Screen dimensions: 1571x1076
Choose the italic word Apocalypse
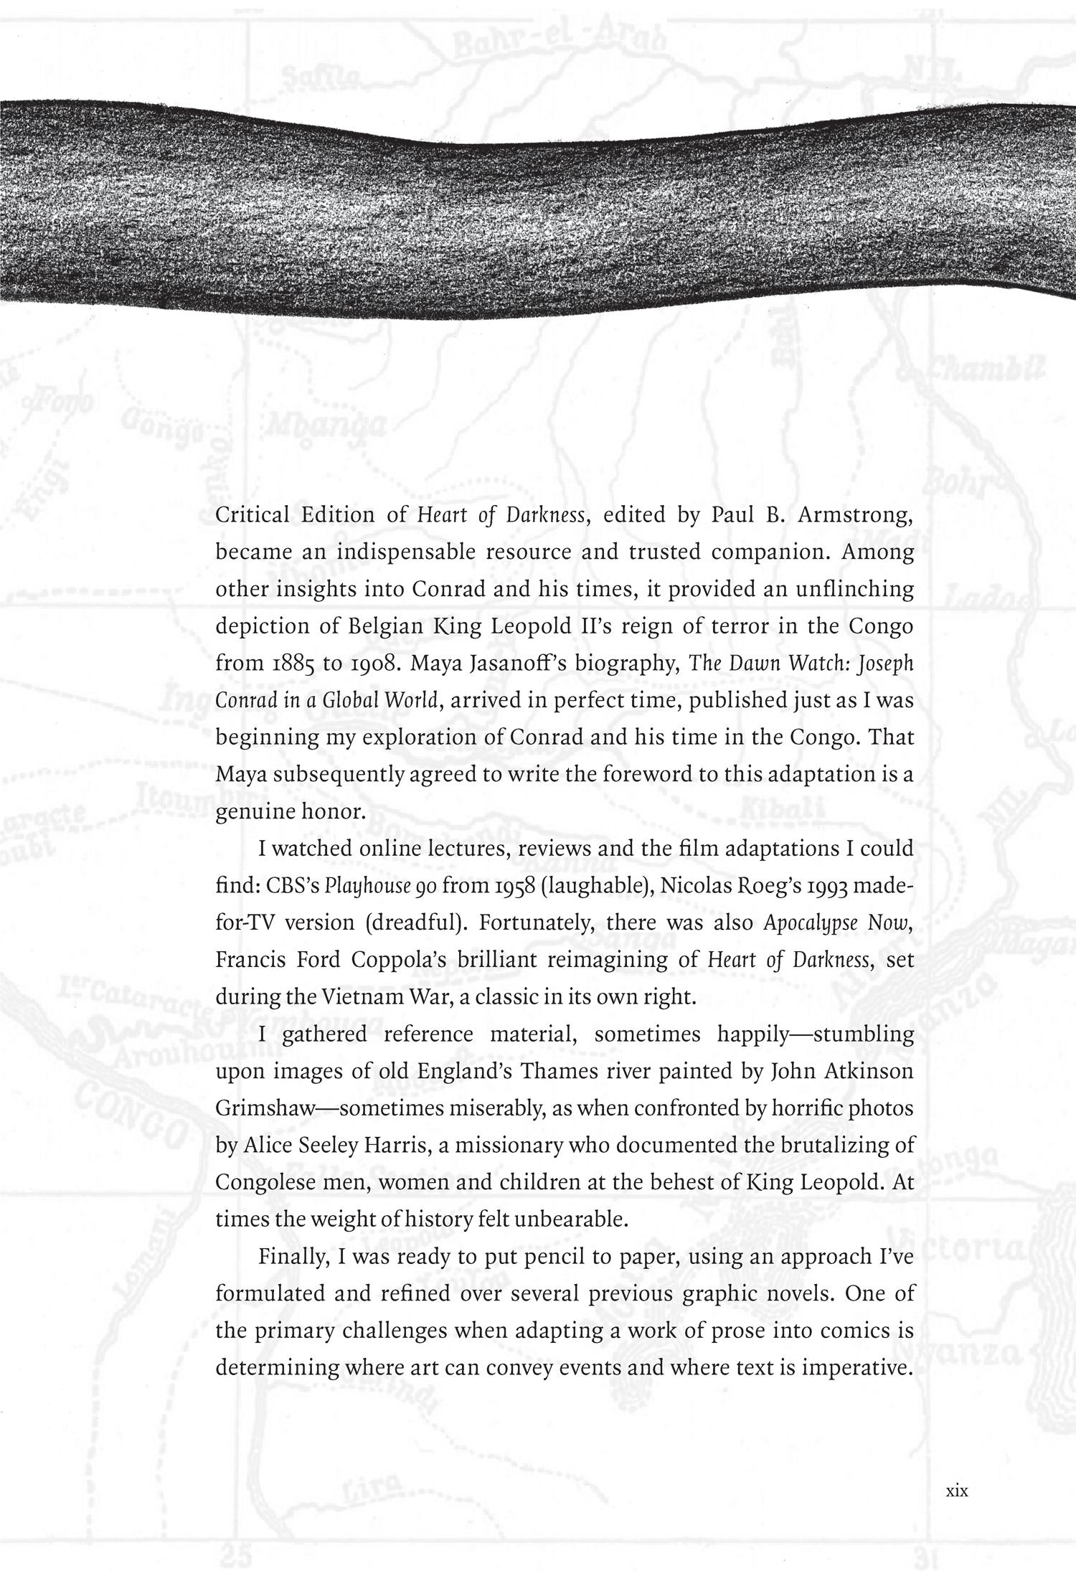pyautogui.click(x=811, y=924)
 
